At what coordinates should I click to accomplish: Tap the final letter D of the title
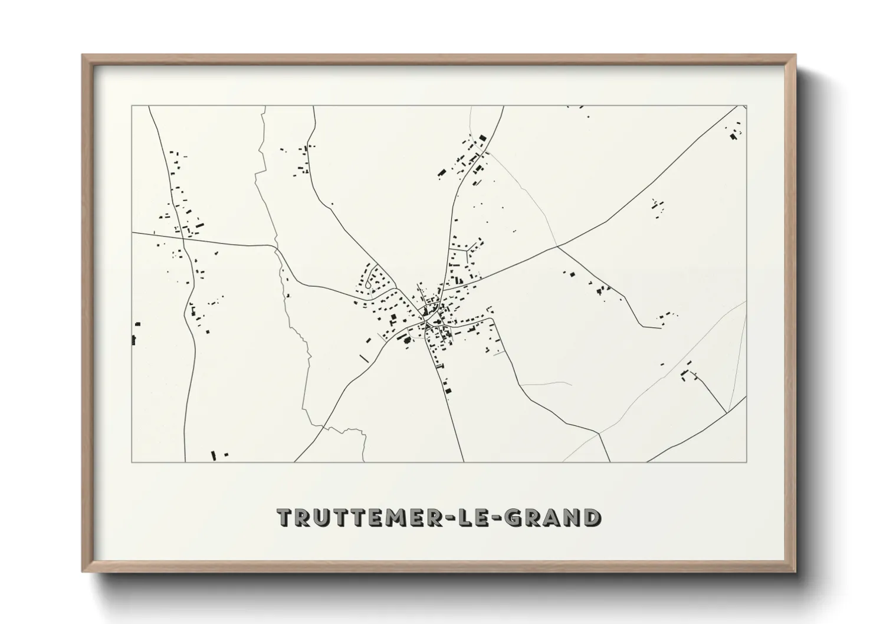[x=592, y=517]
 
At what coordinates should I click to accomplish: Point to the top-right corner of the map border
[x=746, y=106]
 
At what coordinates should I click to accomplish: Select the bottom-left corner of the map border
[x=132, y=462]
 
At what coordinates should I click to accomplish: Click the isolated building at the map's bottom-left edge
[x=214, y=455]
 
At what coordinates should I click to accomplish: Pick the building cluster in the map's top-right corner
[x=735, y=133]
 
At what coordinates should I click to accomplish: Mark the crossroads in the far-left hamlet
[x=184, y=238]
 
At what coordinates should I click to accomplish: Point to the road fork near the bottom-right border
[x=599, y=433]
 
